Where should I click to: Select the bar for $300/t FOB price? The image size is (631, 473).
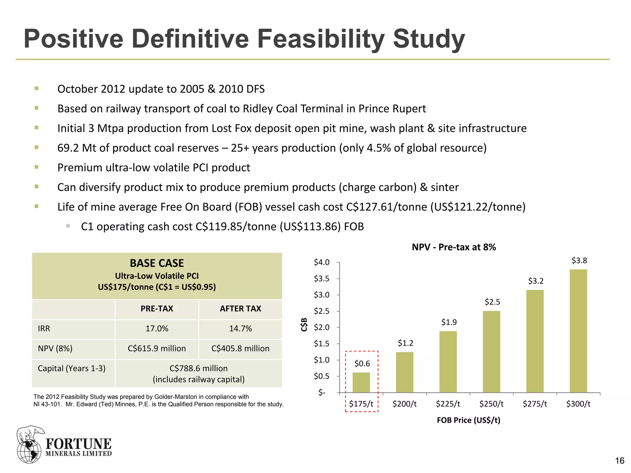[578, 331]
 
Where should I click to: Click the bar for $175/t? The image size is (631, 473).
[361, 382]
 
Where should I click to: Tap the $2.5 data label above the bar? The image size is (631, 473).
[492, 302]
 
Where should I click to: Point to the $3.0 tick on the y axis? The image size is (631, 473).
[321, 295]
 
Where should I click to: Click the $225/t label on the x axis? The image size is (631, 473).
[448, 404]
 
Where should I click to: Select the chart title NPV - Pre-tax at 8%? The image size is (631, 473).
[454, 247]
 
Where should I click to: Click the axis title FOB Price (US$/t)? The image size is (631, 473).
[468, 420]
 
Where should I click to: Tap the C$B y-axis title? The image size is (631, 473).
[304, 324]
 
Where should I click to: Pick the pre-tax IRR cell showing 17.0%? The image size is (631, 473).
[157, 329]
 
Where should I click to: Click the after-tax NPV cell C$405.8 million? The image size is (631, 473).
[240, 349]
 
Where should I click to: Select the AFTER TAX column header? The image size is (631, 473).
[240, 309]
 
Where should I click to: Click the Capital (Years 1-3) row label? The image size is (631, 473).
[71, 368]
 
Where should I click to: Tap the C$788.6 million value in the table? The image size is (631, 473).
[198, 368]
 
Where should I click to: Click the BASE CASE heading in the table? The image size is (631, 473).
[157, 263]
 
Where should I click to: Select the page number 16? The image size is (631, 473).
[619, 461]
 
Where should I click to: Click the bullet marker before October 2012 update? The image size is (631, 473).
[37, 89]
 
